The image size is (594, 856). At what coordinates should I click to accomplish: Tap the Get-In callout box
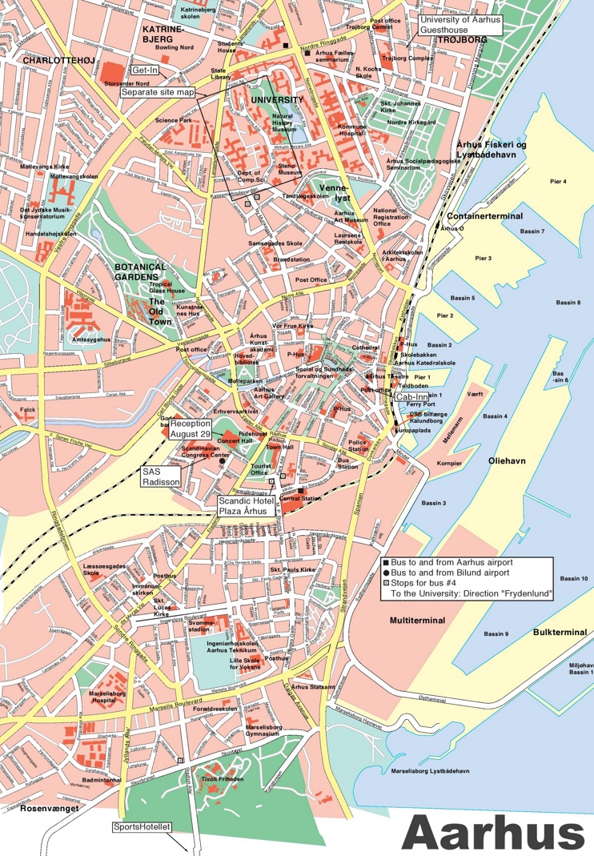[x=144, y=70]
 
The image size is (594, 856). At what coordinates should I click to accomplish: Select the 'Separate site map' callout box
[x=159, y=92]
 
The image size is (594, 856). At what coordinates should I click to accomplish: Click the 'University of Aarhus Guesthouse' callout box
[x=460, y=24]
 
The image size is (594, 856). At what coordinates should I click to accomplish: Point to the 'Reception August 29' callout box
[x=190, y=428]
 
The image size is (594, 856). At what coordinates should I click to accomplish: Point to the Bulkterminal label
[x=560, y=632]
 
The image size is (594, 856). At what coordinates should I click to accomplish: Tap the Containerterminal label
[x=485, y=216]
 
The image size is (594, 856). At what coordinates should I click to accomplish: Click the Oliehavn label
[x=507, y=461]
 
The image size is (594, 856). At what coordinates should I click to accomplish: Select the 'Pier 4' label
[x=558, y=182]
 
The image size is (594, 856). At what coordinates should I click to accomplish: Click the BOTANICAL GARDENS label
[x=139, y=271]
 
